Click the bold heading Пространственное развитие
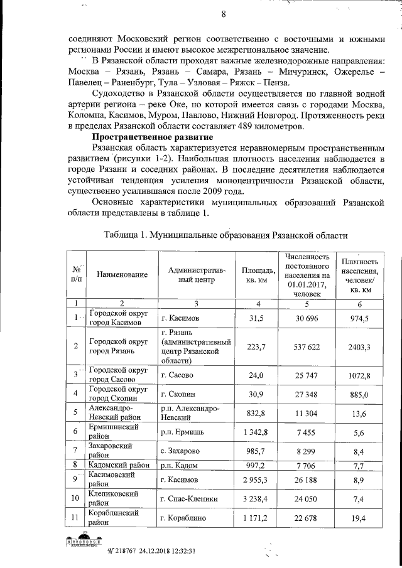pyautogui.click(x=152, y=137)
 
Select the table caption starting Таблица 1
pyautogui.click(x=225, y=234)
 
